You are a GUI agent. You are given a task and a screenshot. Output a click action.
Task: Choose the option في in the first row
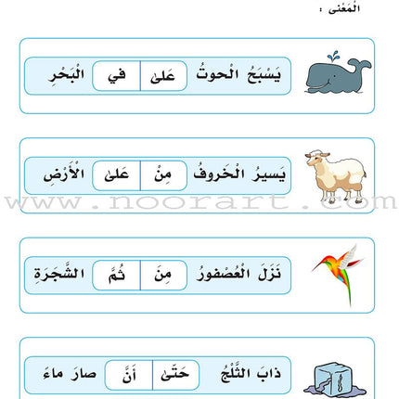pyautogui.click(x=116, y=75)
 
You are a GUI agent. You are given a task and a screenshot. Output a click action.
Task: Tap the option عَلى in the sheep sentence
pyautogui.click(x=116, y=173)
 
